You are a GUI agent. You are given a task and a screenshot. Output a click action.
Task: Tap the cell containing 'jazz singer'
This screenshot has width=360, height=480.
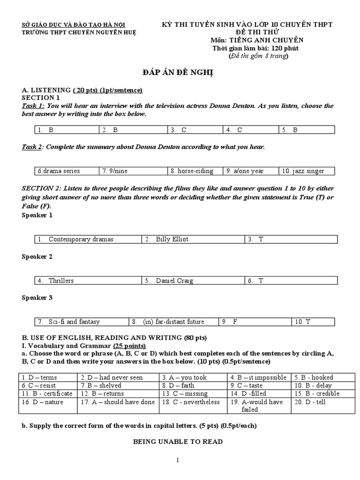pos(307,171)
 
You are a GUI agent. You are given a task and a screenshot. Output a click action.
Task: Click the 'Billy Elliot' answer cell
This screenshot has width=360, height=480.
pos(193,240)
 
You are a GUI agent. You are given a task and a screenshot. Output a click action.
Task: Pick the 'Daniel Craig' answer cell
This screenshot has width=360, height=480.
pos(193,281)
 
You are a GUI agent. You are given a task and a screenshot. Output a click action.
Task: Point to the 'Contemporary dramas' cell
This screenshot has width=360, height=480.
pos(88,240)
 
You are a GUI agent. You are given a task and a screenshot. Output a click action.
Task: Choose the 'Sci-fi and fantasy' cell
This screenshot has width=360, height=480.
pos(82,322)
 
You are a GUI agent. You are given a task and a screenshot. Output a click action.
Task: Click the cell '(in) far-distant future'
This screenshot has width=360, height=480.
pos(173,322)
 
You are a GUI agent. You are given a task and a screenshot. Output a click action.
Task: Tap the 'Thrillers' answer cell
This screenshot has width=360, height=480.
pos(88,281)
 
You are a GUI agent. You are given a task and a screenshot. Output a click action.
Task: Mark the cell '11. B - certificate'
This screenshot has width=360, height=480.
pos(48,394)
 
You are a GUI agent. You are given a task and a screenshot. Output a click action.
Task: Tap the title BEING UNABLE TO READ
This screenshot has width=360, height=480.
pos(178,442)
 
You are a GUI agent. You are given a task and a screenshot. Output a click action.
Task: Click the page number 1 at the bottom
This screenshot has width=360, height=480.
pos(178,460)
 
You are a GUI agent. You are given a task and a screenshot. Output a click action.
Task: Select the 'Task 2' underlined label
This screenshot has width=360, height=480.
pos(32,147)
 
